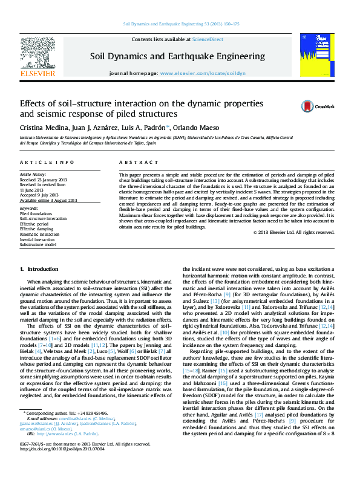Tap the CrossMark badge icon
(x=311, y=106)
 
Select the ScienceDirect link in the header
(x=208, y=39)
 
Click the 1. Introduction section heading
(x=39, y=268)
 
